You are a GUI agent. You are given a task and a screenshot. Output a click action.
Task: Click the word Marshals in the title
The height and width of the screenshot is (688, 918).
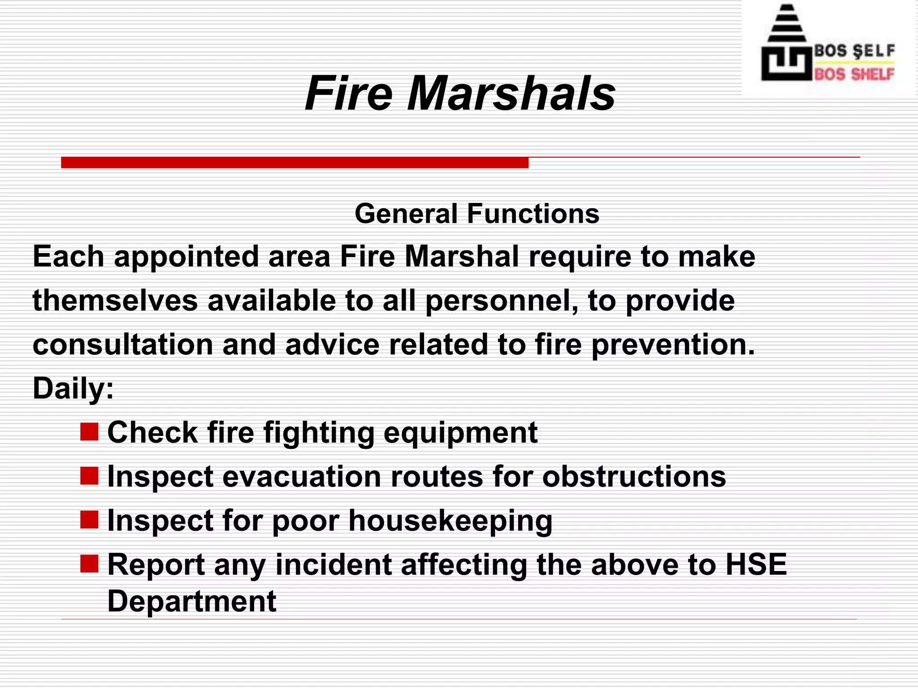coord(511,94)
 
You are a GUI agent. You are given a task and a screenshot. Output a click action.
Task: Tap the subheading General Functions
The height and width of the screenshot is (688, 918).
coord(477,214)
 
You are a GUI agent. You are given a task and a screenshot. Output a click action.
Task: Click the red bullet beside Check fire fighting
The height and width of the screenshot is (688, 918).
coord(89,432)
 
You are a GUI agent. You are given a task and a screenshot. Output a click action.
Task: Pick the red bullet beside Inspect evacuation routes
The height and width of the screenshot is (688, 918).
coord(89,476)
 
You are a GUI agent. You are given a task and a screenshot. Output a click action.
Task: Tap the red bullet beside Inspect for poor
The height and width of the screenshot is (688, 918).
coord(89,520)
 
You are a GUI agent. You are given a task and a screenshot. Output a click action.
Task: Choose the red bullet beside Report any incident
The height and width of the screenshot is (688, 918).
coord(89,564)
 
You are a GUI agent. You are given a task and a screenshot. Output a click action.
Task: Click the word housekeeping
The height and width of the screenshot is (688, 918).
coord(450,521)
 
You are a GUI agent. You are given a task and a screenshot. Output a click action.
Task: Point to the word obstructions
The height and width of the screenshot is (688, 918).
coord(634,476)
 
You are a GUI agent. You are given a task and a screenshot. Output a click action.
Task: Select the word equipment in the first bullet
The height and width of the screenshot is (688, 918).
coord(460,433)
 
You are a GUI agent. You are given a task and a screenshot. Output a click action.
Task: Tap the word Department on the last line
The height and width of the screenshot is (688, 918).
coord(192,601)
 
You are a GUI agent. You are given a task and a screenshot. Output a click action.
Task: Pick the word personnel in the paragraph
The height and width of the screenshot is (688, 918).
coord(501,301)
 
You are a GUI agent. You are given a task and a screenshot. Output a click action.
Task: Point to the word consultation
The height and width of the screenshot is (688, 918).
coord(123,345)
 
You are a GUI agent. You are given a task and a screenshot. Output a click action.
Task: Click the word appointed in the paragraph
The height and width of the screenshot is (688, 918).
coord(186,257)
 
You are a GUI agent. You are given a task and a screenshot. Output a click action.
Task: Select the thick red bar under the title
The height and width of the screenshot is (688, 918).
coord(294,162)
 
